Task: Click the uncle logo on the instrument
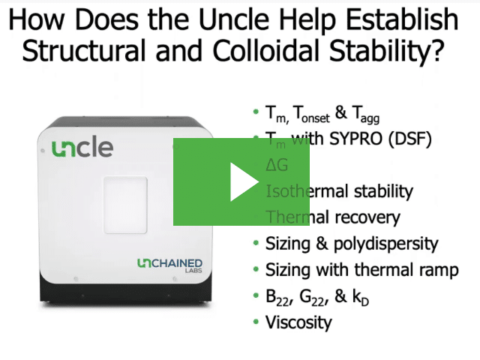[82, 148]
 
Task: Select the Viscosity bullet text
[298, 323]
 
